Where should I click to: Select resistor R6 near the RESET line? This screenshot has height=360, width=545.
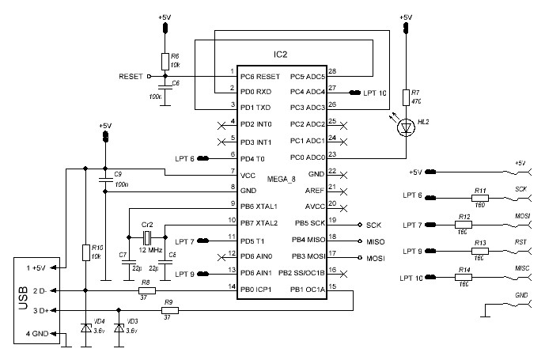(165, 60)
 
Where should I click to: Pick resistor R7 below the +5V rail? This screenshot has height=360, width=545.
(406, 97)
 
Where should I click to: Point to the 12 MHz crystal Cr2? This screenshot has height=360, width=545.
(146, 236)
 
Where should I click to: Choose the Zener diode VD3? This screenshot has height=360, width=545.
(119, 327)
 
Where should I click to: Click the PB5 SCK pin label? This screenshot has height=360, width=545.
(308, 223)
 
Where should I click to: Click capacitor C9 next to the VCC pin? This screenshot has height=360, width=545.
(104, 182)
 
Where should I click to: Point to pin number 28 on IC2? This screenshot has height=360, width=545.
(332, 72)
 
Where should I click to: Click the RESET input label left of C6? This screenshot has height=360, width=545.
(131, 77)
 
